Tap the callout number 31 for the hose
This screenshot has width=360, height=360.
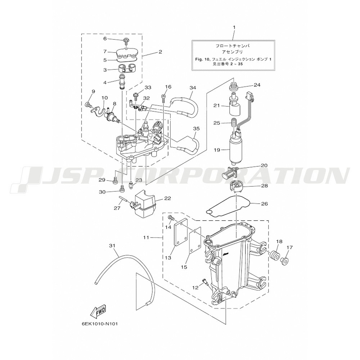click(112, 246)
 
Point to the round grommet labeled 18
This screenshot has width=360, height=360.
click(274, 255)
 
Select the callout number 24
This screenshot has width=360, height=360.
click(257, 85)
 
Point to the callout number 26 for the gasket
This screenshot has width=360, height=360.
click(265, 203)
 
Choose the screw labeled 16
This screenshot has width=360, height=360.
click(164, 98)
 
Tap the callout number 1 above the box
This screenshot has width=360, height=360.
click(234, 27)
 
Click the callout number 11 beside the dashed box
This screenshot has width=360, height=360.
click(146, 237)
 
